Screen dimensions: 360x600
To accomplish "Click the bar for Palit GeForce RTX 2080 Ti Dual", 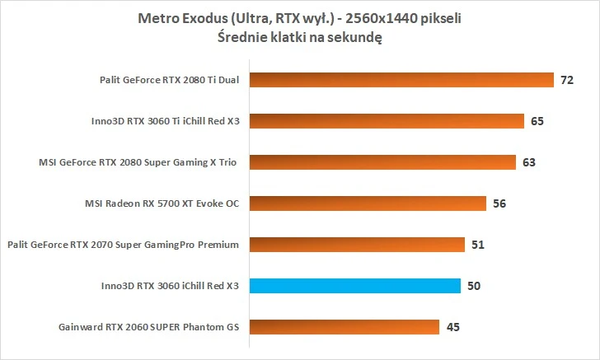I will [401, 80].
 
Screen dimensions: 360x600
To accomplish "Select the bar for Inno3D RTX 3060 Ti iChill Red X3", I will [386, 121].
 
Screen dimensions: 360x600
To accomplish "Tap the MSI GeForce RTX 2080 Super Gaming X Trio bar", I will [382, 162].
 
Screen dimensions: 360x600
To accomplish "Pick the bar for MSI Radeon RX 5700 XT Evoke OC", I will [366, 203].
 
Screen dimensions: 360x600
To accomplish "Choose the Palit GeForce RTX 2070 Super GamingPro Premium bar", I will [356, 245].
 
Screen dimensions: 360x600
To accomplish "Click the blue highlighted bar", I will [354, 286].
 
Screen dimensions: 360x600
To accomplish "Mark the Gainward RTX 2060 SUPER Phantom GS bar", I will [343, 327].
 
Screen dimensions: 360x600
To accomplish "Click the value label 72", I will [566, 80].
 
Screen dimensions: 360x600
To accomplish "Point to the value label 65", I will [537, 121].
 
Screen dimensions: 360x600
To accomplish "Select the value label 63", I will [528, 162].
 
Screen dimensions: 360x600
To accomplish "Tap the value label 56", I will [499, 203].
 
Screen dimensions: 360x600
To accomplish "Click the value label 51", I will [478, 245].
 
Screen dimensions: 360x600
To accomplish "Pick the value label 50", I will [473, 286].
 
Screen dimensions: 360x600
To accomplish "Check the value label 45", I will [452, 327].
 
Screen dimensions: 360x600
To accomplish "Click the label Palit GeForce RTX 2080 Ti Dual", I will [166, 80].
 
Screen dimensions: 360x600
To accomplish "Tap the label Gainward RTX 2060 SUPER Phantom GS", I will [148, 327].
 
